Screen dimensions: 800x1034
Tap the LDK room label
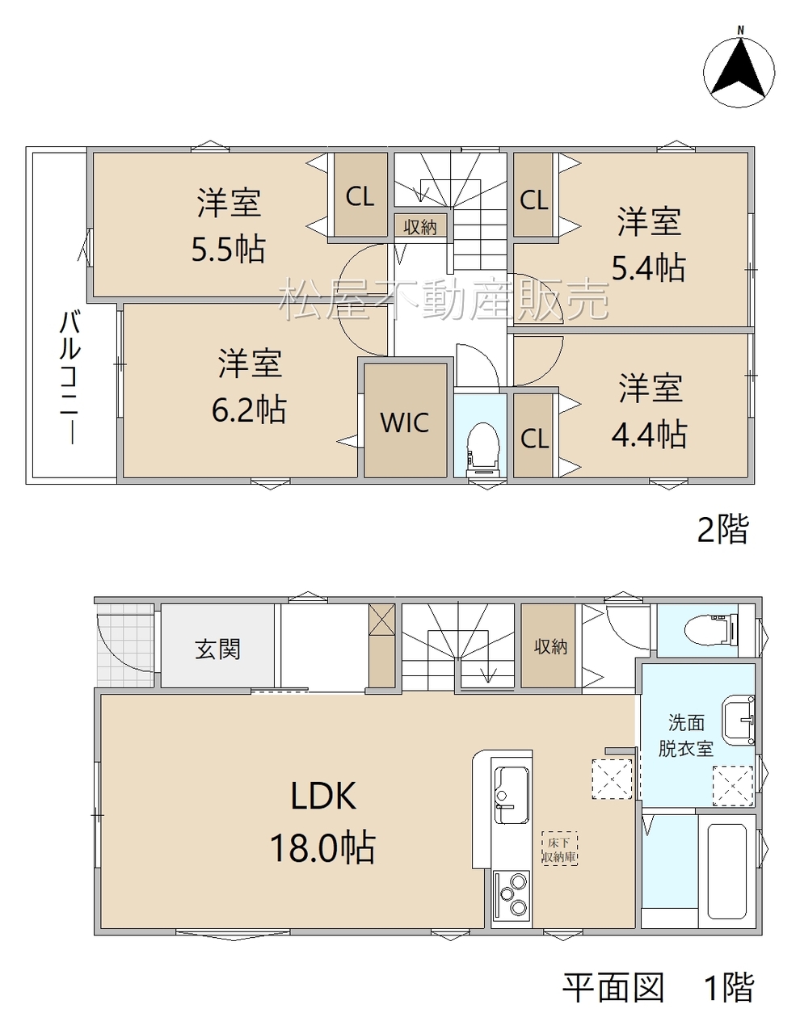[323, 796]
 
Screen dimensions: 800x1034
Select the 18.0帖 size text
[323, 847]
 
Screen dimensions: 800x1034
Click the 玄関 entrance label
[217, 649]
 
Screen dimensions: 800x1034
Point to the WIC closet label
[405, 422]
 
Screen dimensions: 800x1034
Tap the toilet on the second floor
[483, 448]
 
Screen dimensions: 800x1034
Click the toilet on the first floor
[709, 628]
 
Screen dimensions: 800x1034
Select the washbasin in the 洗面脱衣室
[738, 720]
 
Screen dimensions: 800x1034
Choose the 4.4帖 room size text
[649, 434]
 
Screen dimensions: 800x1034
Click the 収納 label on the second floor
[420, 227]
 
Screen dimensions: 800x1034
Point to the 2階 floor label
[723, 528]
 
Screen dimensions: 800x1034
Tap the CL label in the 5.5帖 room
[360, 195]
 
